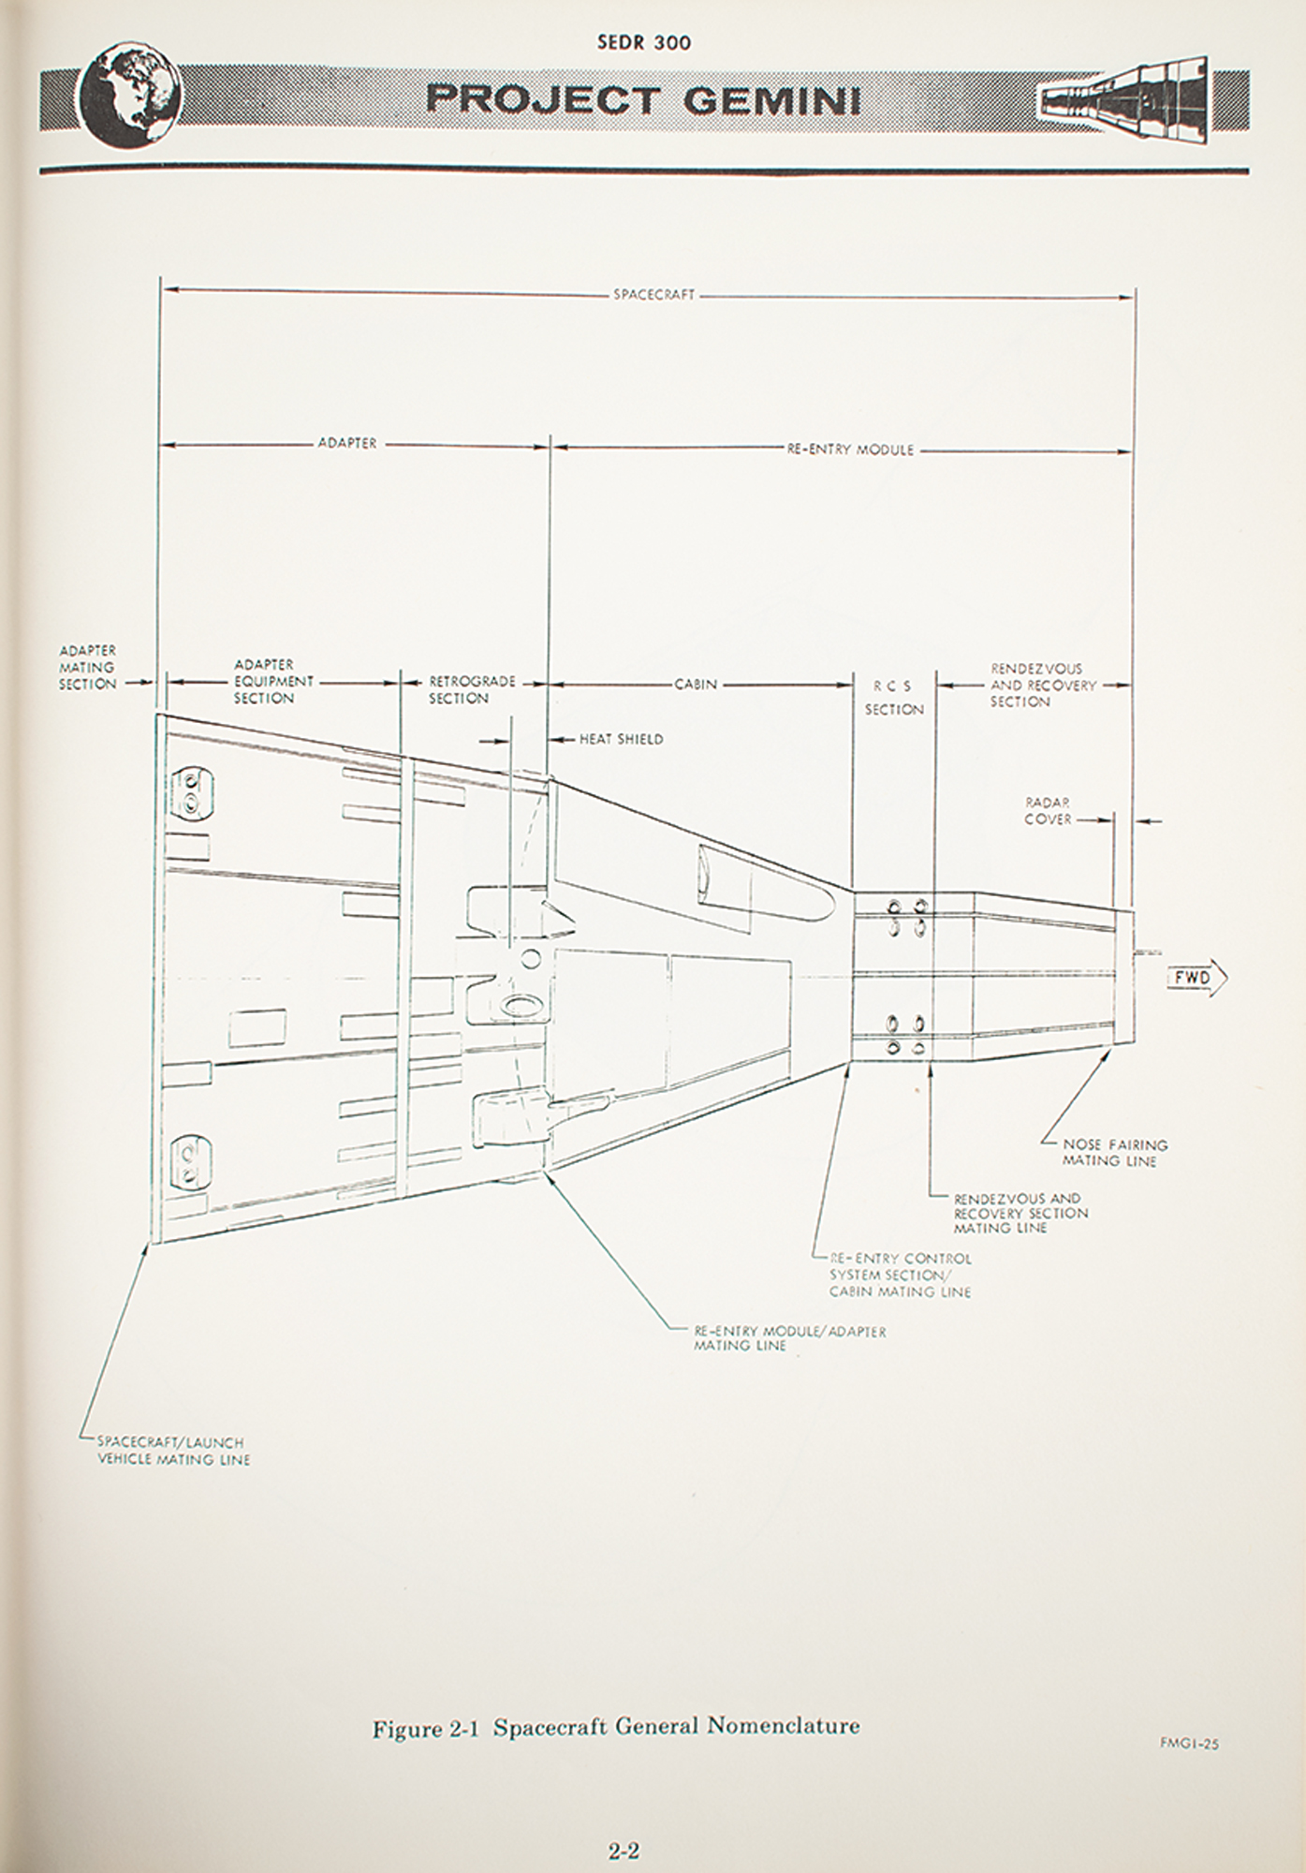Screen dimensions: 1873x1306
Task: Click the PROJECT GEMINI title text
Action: (x=644, y=99)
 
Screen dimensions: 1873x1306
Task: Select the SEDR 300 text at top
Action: (x=643, y=42)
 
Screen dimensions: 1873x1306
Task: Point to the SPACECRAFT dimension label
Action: (x=654, y=295)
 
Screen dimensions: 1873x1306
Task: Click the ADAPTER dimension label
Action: (x=347, y=443)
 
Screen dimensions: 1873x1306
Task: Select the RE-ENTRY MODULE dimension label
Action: (x=850, y=450)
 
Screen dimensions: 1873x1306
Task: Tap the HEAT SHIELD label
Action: (x=621, y=739)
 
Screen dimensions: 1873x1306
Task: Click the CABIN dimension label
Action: (x=696, y=685)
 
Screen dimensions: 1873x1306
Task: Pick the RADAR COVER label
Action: (x=1048, y=811)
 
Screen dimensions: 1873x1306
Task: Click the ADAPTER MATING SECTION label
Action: (x=88, y=667)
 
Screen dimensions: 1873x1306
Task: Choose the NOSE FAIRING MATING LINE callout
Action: (x=1114, y=1153)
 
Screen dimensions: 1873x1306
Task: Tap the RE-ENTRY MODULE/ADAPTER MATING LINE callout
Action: (x=789, y=1338)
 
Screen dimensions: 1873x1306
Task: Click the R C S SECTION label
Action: (x=893, y=699)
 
